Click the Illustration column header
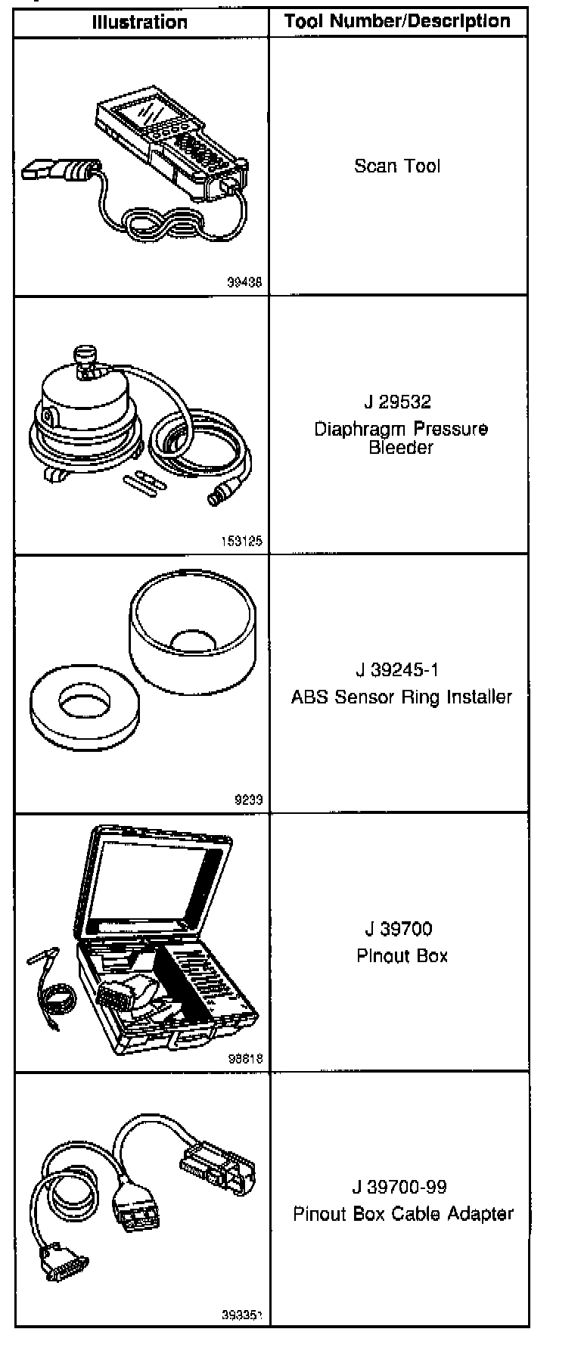(x=140, y=22)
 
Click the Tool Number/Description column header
(x=398, y=21)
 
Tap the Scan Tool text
(x=397, y=166)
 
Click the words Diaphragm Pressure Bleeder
(x=401, y=438)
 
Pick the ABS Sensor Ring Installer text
(x=402, y=697)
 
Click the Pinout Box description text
(x=402, y=956)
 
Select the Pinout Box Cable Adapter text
(x=403, y=1214)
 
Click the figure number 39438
(x=244, y=283)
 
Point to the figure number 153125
(x=241, y=542)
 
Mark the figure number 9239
(x=248, y=800)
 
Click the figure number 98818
(x=245, y=1059)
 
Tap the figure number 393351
(x=241, y=1315)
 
